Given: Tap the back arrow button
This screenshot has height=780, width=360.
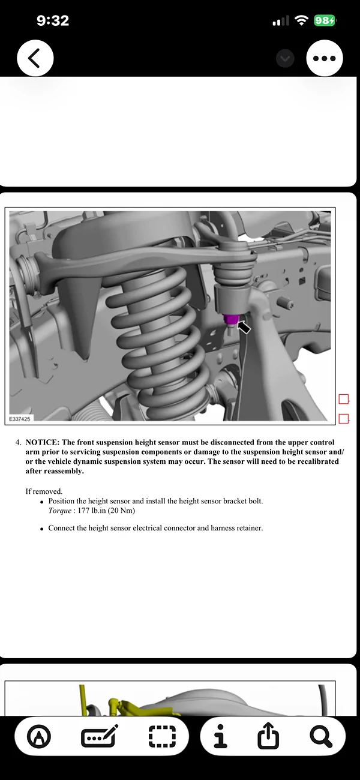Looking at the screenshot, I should pyautogui.click(x=35, y=58).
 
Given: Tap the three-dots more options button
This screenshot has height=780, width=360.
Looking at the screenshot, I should pyautogui.click(x=325, y=58).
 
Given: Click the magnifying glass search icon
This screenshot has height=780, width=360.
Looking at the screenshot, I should pyautogui.click(x=321, y=736).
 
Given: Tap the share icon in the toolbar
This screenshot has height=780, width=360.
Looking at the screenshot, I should pyautogui.click(x=268, y=736).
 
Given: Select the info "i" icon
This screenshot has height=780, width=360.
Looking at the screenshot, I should pyautogui.click(x=221, y=736).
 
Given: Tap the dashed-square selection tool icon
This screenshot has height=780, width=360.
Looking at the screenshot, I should pyautogui.click(x=163, y=736).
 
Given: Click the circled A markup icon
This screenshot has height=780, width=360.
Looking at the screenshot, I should pyautogui.click(x=40, y=736).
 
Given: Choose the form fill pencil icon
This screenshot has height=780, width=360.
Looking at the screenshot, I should pyautogui.click(x=100, y=736).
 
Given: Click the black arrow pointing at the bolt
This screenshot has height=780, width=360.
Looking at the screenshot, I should pyautogui.click(x=244, y=328).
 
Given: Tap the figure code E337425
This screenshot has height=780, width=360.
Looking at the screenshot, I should pyautogui.click(x=20, y=419).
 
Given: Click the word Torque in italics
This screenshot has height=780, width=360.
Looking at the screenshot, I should pyautogui.click(x=59, y=511).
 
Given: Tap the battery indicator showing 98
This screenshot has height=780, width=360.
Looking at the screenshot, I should pyautogui.click(x=324, y=20).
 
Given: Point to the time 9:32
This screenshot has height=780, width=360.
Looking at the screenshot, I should pyautogui.click(x=53, y=20).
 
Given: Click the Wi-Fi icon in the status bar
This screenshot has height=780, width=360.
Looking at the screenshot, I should pyautogui.click(x=302, y=20).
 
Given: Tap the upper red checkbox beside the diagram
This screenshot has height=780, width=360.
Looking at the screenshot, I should pyautogui.click(x=344, y=399).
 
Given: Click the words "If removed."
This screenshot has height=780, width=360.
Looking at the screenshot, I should pyautogui.click(x=44, y=491).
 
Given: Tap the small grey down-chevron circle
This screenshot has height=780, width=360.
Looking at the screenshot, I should pyautogui.click(x=285, y=58).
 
